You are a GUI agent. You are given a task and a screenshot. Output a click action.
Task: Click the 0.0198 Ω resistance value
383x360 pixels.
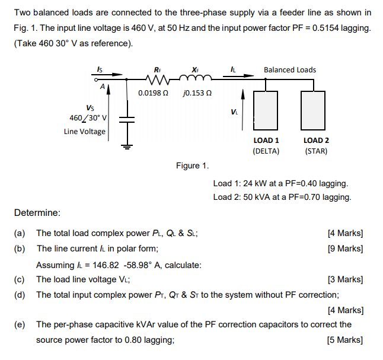point(152,93)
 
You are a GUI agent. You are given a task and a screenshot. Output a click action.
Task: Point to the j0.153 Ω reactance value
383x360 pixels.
point(198,93)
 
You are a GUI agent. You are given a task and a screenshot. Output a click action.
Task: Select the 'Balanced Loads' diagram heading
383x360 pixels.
point(290,70)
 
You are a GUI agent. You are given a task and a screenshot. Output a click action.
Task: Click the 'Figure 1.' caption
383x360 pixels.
point(192,165)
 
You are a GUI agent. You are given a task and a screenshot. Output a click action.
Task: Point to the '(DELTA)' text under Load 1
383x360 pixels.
point(266,151)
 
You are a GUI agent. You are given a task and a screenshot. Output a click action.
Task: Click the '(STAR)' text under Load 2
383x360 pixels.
point(315,151)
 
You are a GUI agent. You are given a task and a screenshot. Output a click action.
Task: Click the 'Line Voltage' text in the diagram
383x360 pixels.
point(85,131)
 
